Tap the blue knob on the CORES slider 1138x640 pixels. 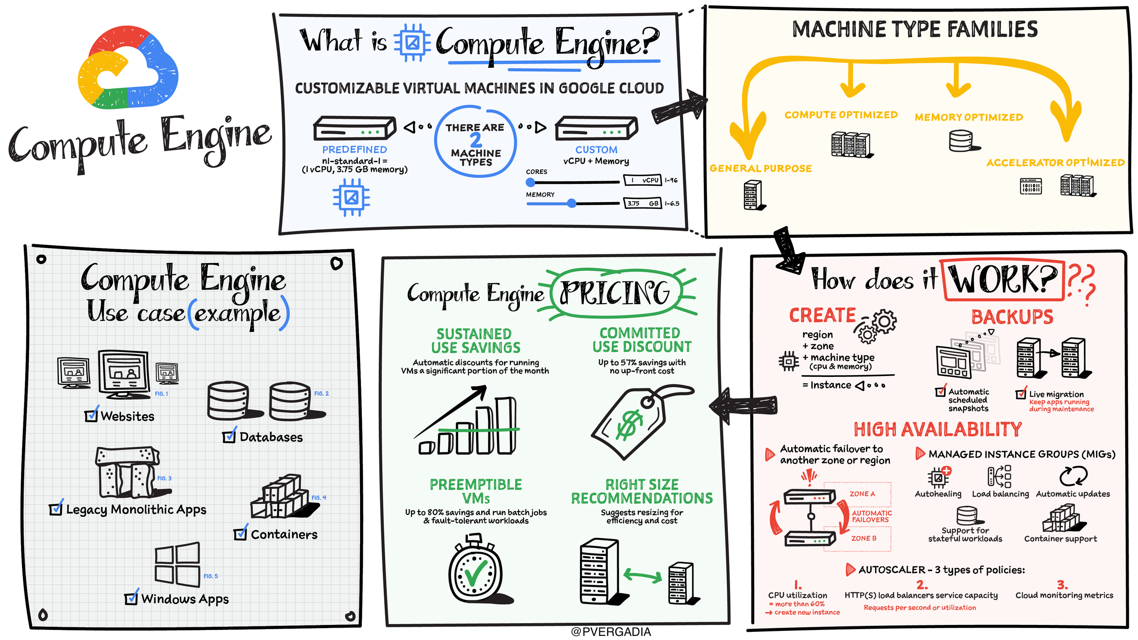pyautogui.click(x=530, y=183)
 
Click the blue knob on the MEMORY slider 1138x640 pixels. pyautogui.click(x=572, y=203)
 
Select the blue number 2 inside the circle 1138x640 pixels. pyautogui.click(x=476, y=140)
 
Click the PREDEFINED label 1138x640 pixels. pyautogui.click(x=355, y=149)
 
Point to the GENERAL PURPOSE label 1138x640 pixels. pyautogui.click(x=761, y=168)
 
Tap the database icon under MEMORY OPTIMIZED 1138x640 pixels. pyautogui.click(x=962, y=141)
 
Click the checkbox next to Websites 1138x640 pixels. pyautogui.click(x=91, y=416)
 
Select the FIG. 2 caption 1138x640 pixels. pyautogui.click(x=321, y=393)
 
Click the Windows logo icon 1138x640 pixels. pyautogui.click(x=177, y=564)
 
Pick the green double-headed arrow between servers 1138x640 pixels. pyautogui.click(x=642, y=576)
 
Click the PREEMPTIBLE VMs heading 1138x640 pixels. pyautogui.click(x=476, y=491)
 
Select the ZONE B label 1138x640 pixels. pyautogui.click(x=864, y=538)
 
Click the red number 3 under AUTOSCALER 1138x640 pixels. pyautogui.click(x=1062, y=584)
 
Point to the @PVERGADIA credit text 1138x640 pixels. pyautogui.click(x=610, y=632)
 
